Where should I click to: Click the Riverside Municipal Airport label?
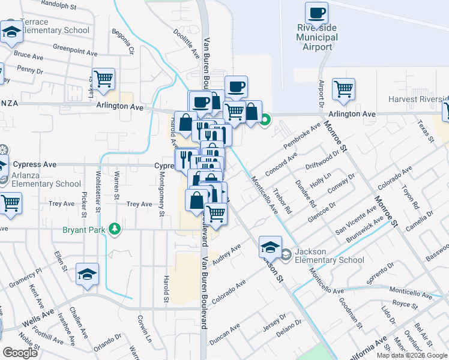tap(317, 37)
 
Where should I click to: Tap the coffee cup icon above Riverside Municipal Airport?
tap(316, 13)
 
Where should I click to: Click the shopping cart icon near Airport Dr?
tap(344, 89)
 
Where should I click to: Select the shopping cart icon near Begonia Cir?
tap(104, 79)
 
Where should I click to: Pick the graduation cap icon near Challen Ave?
tap(88, 274)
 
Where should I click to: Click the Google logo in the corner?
tap(20, 352)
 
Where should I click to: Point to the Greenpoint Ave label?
tap(75, 49)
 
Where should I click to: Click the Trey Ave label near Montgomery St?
tap(139, 204)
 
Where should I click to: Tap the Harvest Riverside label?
tap(418, 99)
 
